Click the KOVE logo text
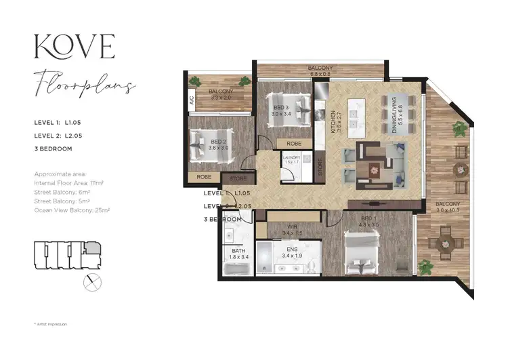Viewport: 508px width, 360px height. pos(75,47)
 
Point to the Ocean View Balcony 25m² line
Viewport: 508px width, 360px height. pos(72,210)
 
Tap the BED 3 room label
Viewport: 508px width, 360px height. pos(280,111)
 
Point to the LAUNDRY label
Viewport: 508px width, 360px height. pos(291,159)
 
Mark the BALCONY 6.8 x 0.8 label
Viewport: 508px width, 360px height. pos(320,71)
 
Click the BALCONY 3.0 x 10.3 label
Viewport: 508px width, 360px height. pos(447,207)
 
